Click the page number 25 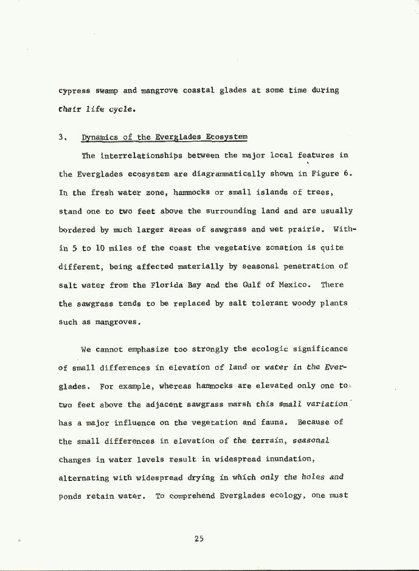click(x=199, y=538)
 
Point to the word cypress click(x=73, y=91)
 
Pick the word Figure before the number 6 click(x=322, y=174)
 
